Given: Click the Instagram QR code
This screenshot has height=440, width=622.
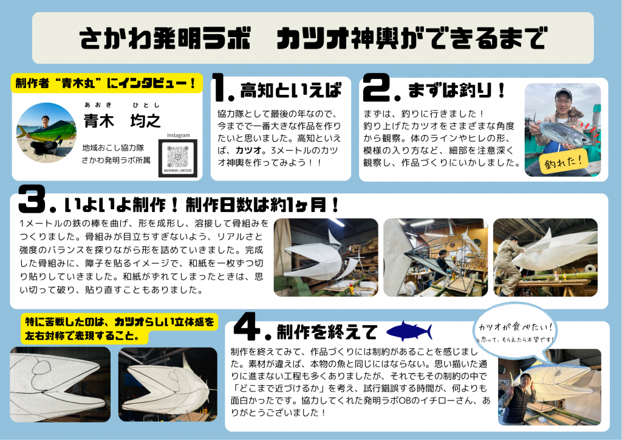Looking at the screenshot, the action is [178, 158].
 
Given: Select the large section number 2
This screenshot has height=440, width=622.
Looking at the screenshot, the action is [377, 88].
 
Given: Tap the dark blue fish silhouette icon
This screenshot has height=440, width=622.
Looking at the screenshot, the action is [409, 331].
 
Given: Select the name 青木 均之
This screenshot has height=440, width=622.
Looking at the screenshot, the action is [122, 120].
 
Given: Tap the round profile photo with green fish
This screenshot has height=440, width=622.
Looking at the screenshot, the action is [46, 133].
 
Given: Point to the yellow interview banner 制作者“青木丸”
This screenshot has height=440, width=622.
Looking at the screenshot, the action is [107, 83].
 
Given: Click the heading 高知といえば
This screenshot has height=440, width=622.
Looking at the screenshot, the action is [291, 91].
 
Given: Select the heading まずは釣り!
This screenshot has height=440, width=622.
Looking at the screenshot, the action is [456, 90].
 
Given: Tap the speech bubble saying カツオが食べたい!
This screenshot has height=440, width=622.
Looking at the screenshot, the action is [515, 331].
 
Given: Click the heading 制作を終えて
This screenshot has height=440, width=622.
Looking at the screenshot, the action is [326, 332].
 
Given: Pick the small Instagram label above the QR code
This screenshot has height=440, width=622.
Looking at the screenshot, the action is [178, 136].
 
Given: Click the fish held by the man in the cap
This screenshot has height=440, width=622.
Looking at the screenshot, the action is [561, 132].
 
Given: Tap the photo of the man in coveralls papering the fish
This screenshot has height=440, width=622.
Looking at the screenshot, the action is [545, 258].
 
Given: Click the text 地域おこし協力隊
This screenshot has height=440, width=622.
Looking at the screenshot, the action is [114, 148].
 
